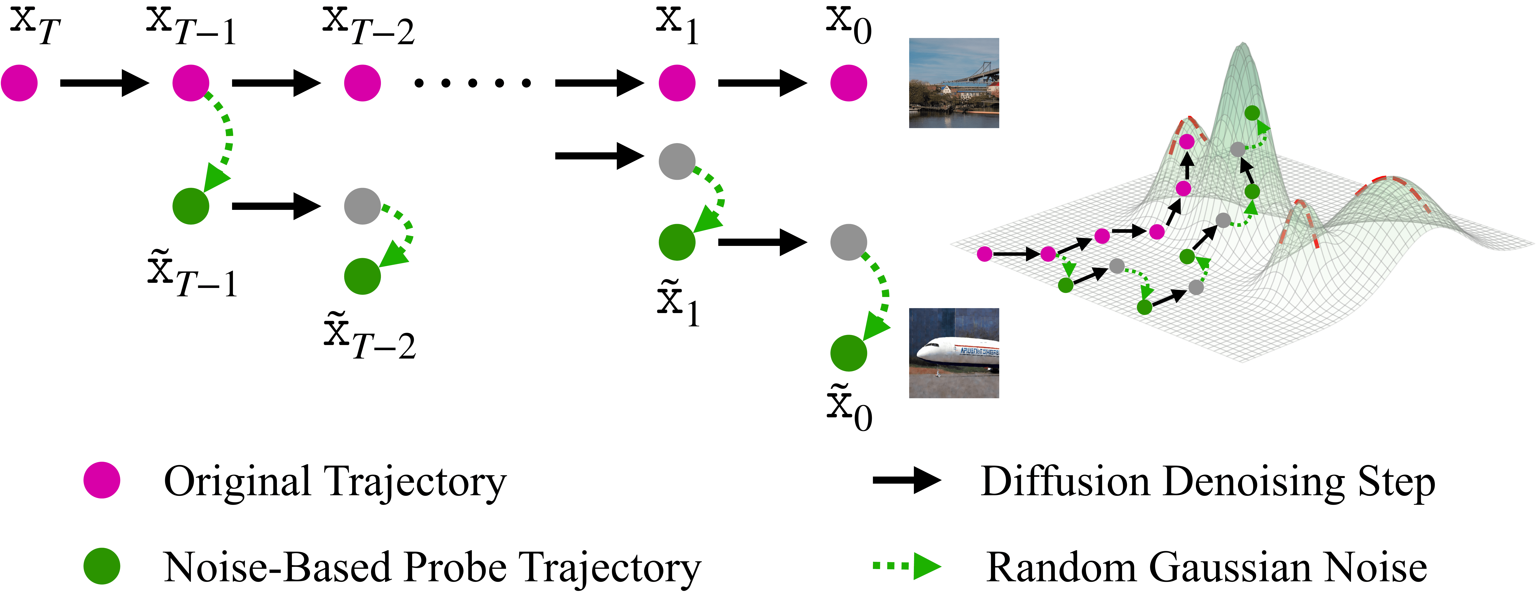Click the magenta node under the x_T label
point(19,83)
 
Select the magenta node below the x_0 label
point(848,83)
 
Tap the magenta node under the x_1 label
point(677,83)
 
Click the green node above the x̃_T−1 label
point(191,206)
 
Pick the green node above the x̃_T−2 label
point(362,276)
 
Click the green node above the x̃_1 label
point(677,242)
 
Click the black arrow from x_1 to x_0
point(762,83)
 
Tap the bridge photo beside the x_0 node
point(954,83)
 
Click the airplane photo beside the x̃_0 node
point(954,353)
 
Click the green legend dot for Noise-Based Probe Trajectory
point(101,566)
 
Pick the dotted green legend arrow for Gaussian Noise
point(906,566)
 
